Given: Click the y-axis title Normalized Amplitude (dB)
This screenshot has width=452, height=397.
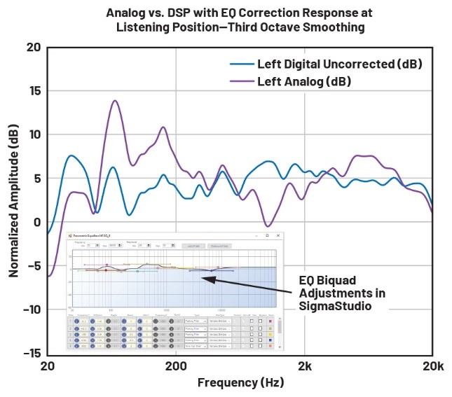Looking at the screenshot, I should coord(13,202).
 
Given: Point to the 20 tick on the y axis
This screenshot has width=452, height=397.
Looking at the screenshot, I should coord(33,48).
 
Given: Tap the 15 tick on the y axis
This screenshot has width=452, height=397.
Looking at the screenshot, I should coord(33,91).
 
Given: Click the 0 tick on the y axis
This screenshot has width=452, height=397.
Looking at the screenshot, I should coord(36,223).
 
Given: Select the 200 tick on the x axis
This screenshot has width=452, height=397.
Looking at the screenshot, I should coord(175,366).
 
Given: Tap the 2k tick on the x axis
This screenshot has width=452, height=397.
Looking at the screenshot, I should coord(304,366).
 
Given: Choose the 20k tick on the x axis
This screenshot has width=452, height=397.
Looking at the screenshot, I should coord(432,366).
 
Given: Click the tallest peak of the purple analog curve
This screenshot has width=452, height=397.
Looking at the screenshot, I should coord(115,101).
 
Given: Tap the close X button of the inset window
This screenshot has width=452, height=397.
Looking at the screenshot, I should coord(278,236).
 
